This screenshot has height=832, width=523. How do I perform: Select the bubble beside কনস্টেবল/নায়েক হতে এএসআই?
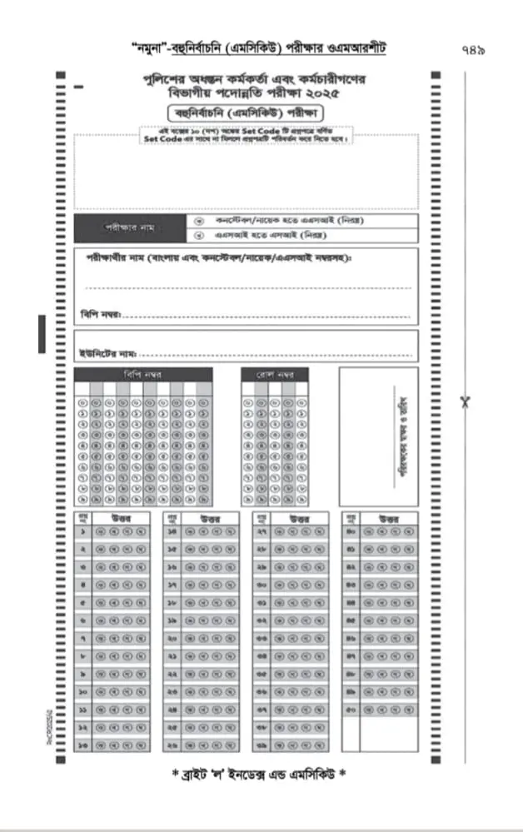[198, 221]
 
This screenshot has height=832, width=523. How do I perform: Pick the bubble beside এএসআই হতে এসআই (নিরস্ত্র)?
[198, 235]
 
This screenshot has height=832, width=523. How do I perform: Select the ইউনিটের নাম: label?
[107, 353]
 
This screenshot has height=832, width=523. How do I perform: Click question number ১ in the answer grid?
[83, 531]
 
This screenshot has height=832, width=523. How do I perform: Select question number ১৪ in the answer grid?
[173, 531]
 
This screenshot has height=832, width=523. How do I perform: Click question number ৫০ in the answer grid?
[351, 710]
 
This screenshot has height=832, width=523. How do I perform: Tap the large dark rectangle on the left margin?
[41, 333]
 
